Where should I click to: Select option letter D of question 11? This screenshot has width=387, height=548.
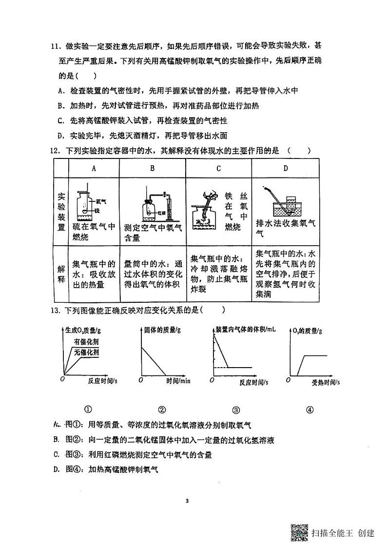click(x=60, y=136)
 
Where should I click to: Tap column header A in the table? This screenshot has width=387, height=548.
click(x=93, y=169)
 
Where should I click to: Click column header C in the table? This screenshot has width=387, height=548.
click(x=218, y=169)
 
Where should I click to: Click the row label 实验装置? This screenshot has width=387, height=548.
click(x=61, y=212)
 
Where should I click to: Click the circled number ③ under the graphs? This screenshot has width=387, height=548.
click(x=236, y=410)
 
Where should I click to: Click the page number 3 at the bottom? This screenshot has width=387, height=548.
click(x=193, y=501)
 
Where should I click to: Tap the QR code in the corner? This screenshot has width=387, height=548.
click(x=299, y=532)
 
